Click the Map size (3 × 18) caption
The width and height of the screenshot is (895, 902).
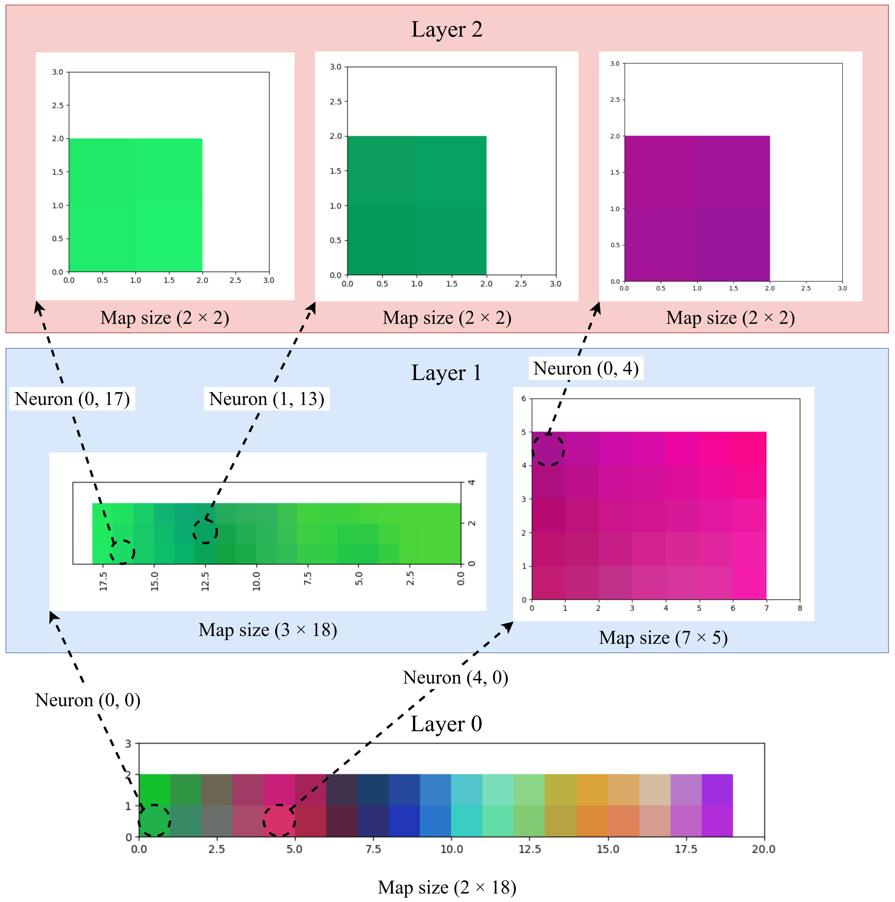pos(268,630)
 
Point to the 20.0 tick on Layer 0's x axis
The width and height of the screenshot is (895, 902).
pos(763,849)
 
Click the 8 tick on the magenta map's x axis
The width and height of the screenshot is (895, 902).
pos(800,608)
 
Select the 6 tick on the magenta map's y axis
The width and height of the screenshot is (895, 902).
pos(524,399)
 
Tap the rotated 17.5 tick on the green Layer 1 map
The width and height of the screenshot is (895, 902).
pos(103,581)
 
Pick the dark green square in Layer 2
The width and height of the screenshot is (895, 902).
pos(417,205)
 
